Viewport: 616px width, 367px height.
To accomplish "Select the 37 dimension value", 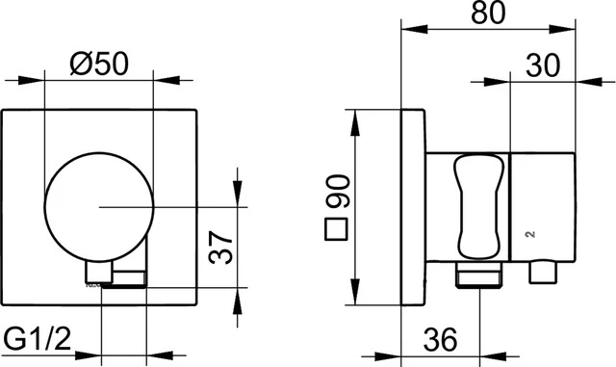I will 219,252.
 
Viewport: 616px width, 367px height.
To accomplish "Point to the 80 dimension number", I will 485,15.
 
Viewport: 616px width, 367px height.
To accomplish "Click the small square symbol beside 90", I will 336,230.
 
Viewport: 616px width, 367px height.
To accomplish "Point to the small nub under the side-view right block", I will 543,272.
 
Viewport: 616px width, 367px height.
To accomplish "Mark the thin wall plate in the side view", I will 411,207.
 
